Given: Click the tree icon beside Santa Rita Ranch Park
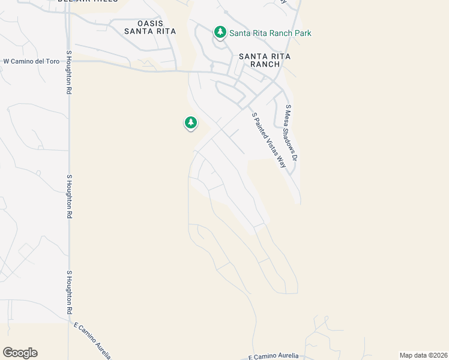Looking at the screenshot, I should pyautogui.click(x=220, y=32).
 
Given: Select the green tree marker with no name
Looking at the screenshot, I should pyautogui.click(x=191, y=123).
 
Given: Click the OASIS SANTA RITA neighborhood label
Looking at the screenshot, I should pyautogui.click(x=150, y=27).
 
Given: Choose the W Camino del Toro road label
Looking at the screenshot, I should pyautogui.click(x=31, y=61).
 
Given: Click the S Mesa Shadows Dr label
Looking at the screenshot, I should pyautogui.click(x=292, y=133).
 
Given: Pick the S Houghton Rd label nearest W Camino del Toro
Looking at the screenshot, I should pyautogui.click(x=70, y=72).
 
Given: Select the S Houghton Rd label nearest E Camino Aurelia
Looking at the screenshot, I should pyautogui.click(x=70, y=292).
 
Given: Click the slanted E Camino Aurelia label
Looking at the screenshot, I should pyautogui.click(x=92, y=340).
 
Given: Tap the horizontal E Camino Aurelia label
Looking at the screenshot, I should pyautogui.click(x=273, y=356).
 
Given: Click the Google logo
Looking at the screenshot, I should pyautogui.click(x=20, y=353).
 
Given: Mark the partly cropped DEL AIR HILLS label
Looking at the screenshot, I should pyautogui.click(x=88, y=2).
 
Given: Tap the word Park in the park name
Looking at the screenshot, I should pyautogui.click(x=303, y=34).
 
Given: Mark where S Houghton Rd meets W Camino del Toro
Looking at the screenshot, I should pyautogui.click(x=70, y=60).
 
